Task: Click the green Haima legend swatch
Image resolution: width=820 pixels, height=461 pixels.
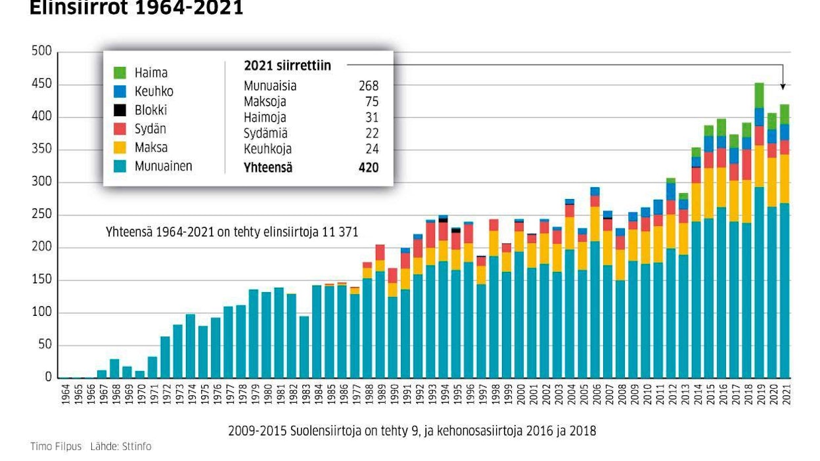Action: tap(120, 73)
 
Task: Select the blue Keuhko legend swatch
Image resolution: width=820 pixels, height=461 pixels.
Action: tap(120, 92)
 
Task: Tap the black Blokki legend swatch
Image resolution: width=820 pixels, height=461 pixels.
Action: tap(120, 110)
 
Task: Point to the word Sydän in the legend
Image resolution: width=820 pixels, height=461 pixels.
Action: tap(150, 129)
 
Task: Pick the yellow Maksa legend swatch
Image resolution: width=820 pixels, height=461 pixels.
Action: tap(120, 148)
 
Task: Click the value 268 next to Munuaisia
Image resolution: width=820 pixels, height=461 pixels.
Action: tap(369, 86)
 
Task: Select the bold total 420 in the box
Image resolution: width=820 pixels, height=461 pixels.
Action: tap(369, 167)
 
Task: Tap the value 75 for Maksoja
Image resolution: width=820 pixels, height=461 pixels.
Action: tap(373, 102)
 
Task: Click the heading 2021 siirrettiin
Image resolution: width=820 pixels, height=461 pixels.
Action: tap(287, 66)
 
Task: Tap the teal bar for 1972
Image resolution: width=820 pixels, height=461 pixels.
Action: tap(166, 357)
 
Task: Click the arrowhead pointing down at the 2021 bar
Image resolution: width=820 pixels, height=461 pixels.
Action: tap(783, 86)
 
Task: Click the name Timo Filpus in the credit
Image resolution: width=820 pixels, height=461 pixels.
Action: tap(56, 447)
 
